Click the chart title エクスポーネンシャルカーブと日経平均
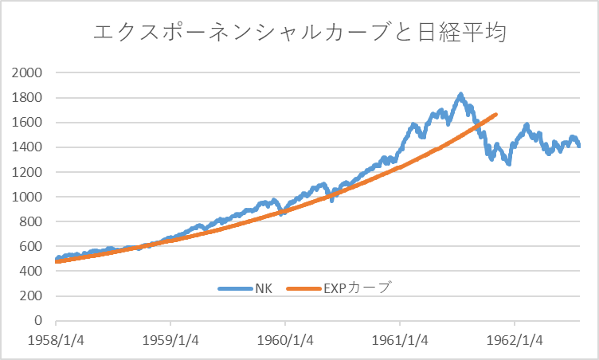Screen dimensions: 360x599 pos(300,33)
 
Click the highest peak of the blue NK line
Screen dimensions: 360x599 pos(460,96)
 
